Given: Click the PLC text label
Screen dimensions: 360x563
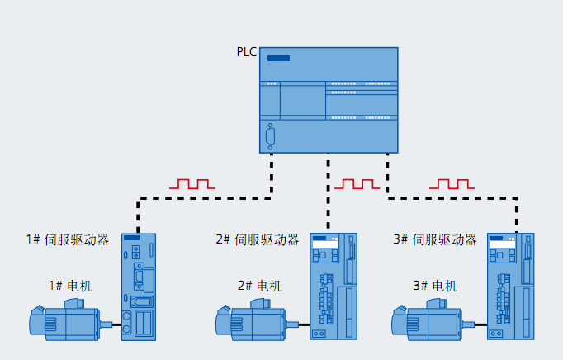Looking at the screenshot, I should [x=247, y=53].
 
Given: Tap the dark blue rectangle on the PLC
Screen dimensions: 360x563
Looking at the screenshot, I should [x=278, y=58].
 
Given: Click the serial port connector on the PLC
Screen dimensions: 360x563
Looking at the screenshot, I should [x=270, y=135].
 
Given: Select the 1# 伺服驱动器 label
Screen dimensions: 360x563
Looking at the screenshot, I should [x=68, y=239].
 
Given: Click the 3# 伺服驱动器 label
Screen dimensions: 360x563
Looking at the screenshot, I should [x=435, y=239].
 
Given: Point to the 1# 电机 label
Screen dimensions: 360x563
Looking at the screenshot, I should [x=70, y=286].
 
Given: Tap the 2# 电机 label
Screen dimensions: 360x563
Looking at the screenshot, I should [x=259, y=286].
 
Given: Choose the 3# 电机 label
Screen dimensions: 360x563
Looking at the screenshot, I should [x=434, y=286].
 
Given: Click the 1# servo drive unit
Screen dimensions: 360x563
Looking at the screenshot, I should [x=139, y=286].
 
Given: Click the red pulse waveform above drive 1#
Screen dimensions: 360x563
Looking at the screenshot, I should [x=192, y=183].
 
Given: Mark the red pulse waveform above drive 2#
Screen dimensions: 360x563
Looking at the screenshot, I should [x=356, y=183].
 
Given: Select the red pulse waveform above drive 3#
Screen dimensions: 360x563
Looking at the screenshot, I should [x=452, y=183].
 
